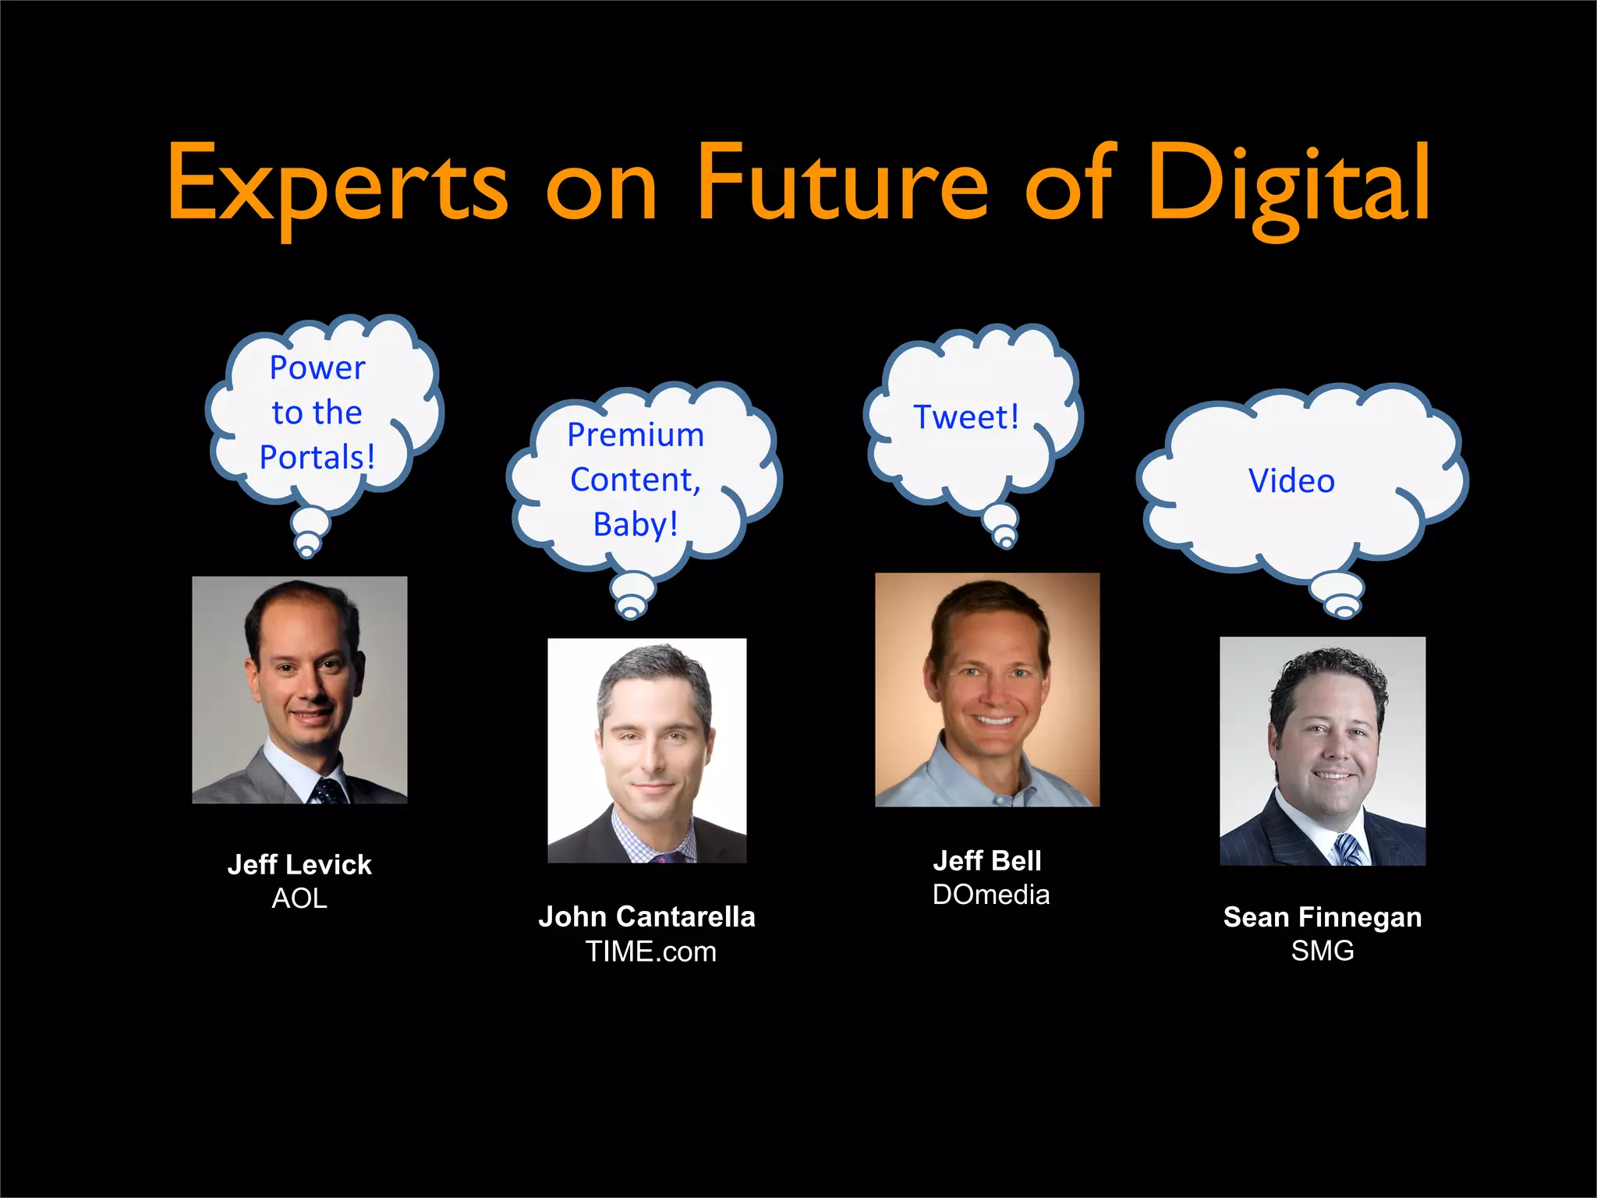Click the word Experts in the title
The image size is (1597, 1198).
pyautogui.click(x=338, y=185)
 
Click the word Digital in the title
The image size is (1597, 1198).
pyautogui.click(x=1288, y=185)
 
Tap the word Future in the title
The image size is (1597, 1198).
pyautogui.click(x=841, y=185)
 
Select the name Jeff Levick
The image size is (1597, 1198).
pyautogui.click(x=299, y=864)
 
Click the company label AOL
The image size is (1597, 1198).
pyautogui.click(x=299, y=898)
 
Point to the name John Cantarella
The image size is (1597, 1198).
pyautogui.click(x=646, y=916)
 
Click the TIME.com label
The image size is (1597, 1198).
pyautogui.click(x=650, y=952)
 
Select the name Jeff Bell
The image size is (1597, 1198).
pyautogui.click(x=987, y=860)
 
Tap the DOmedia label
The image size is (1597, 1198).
pyautogui.click(x=991, y=895)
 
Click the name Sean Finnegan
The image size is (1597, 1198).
pyautogui.click(x=1323, y=917)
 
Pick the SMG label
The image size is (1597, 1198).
pyautogui.click(x=1323, y=951)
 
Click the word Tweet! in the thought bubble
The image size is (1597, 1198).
pyautogui.click(x=966, y=417)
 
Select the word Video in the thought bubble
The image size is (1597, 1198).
pyautogui.click(x=1291, y=480)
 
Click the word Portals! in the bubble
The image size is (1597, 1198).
pyautogui.click(x=317, y=457)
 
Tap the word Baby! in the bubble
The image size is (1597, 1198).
pyautogui.click(x=636, y=524)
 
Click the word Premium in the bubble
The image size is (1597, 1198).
pyautogui.click(x=636, y=434)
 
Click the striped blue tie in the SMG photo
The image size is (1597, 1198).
pyautogui.click(x=1350, y=850)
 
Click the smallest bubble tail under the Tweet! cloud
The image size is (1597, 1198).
pyautogui.click(x=1007, y=542)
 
